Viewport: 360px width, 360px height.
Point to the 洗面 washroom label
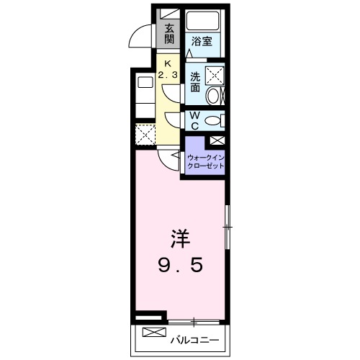[195, 81]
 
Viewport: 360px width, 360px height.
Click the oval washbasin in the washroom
[213, 96]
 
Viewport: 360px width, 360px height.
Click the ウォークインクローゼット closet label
[206, 160]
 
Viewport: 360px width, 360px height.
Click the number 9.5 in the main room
[180, 265]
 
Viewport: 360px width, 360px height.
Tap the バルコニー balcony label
[194, 338]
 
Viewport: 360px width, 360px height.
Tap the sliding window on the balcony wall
[194, 319]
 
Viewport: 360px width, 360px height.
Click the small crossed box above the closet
[217, 141]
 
